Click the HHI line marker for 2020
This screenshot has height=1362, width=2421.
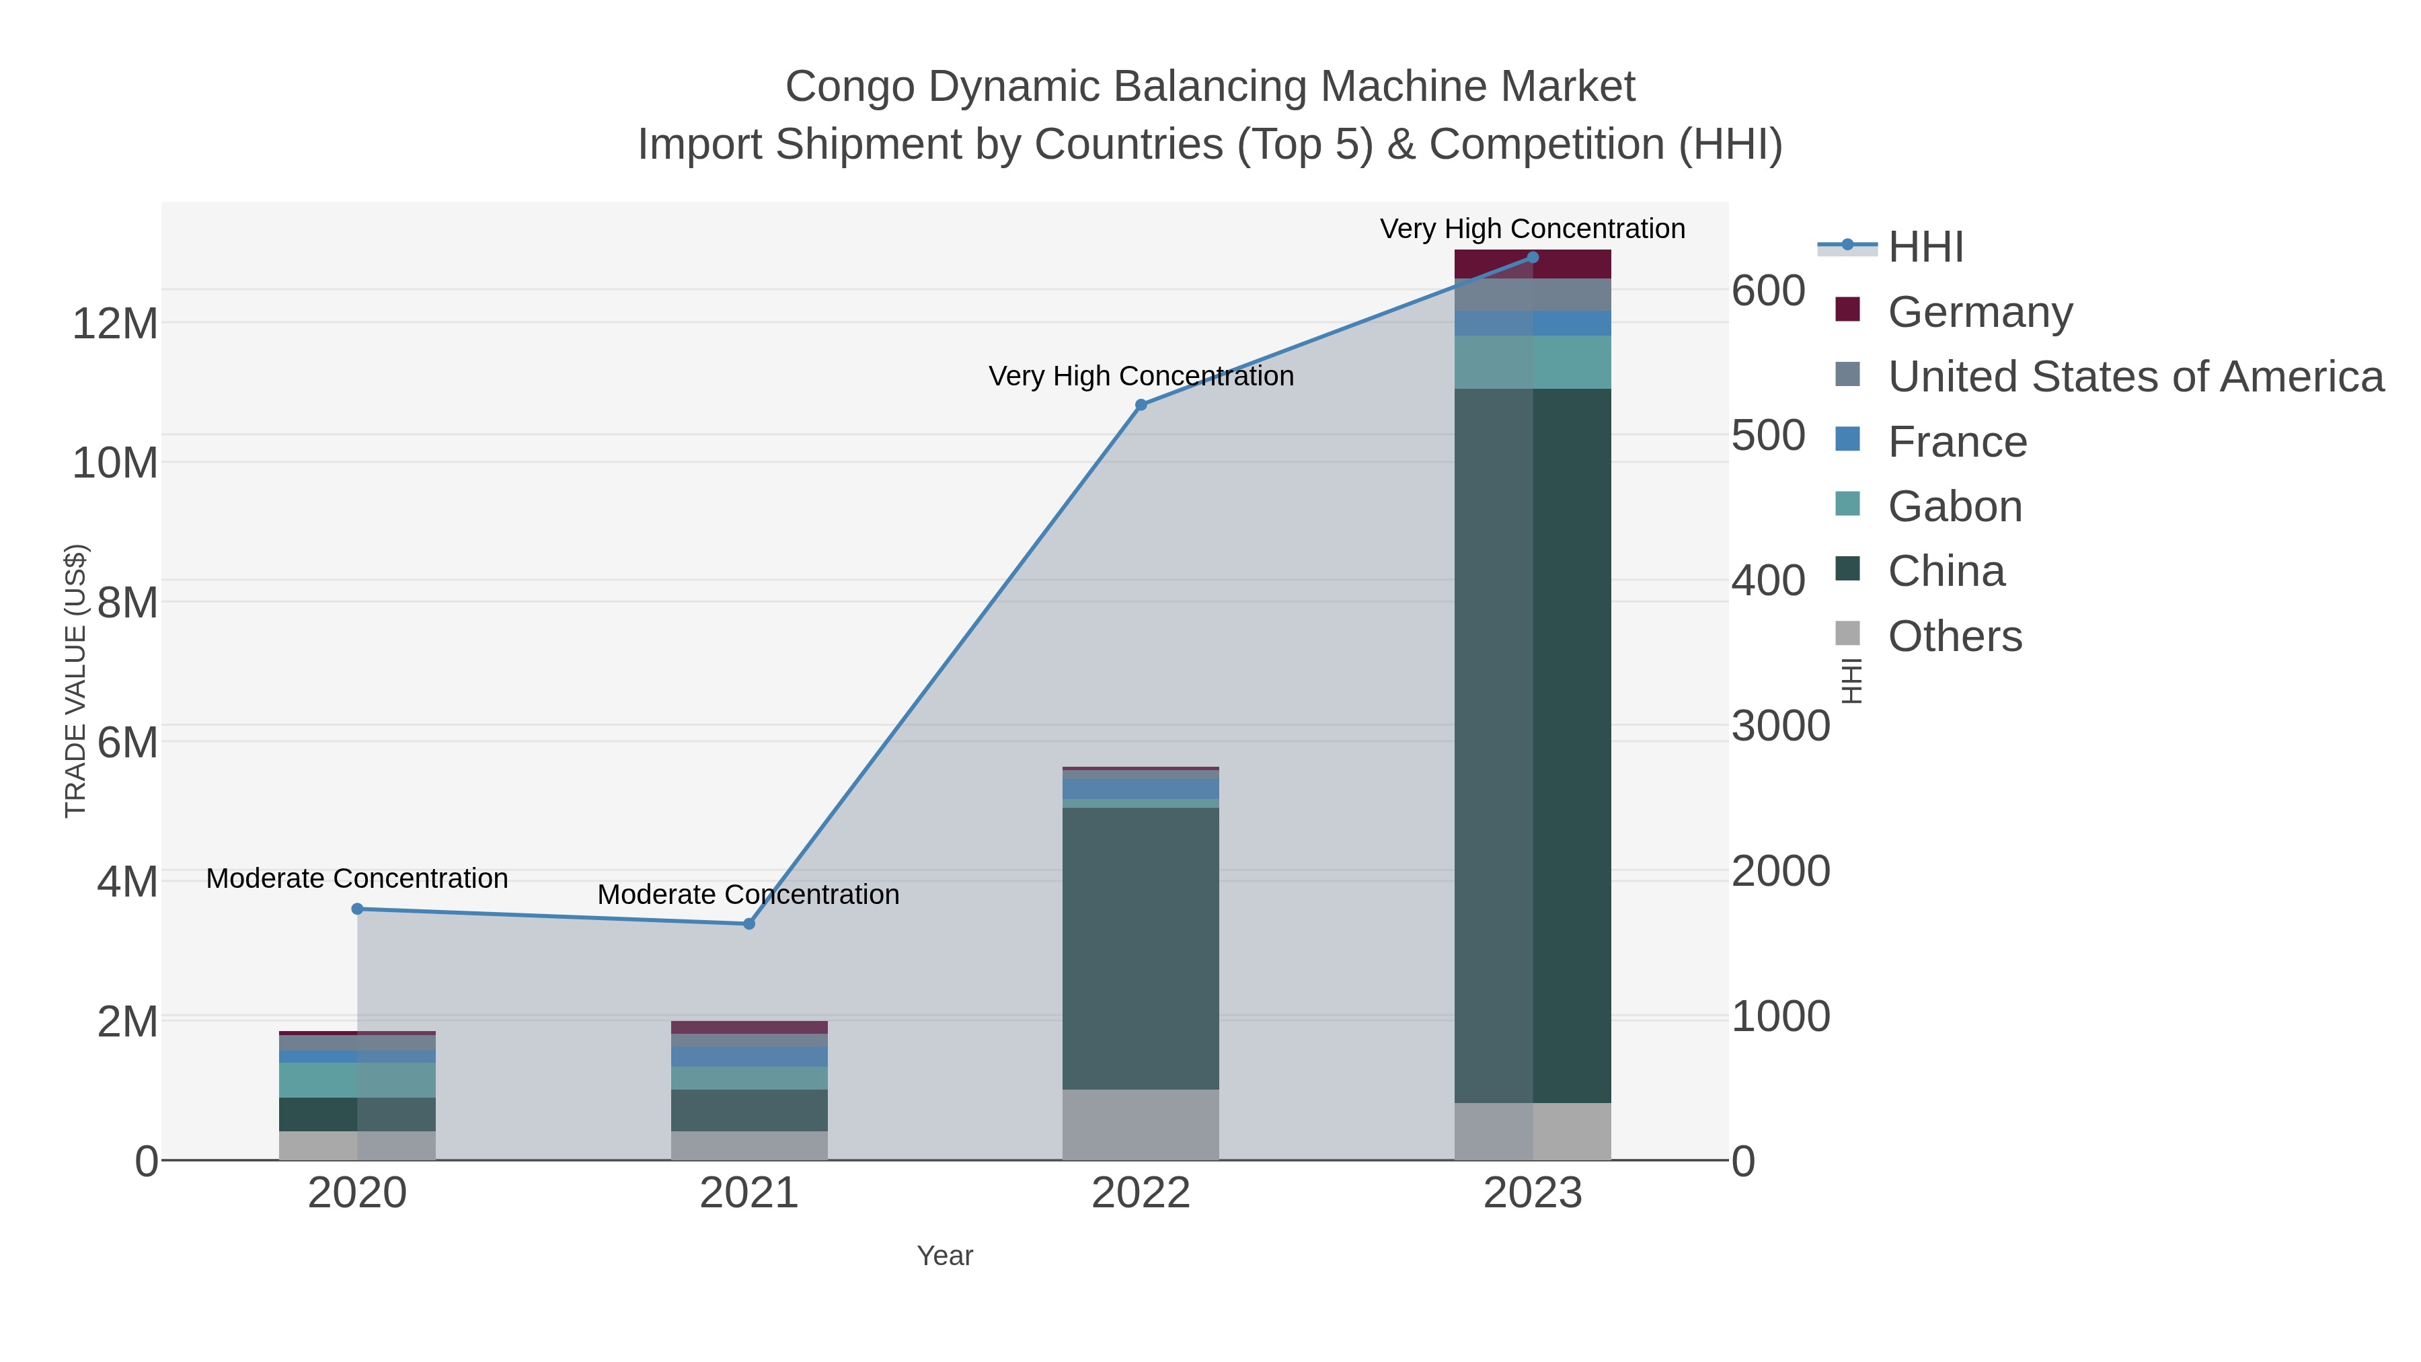(357, 909)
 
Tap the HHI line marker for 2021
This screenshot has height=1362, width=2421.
(749, 924)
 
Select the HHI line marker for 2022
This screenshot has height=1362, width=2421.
(1141, 405)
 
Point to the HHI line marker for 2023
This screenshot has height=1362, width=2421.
(1533, 258)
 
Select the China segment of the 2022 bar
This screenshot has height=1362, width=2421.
(1141, 948)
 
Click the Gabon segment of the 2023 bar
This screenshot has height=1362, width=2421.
(1533, 362)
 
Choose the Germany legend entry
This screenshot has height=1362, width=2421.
(1979, 311)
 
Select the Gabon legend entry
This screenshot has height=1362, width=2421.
(1955, 506)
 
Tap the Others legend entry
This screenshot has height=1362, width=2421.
(1955, 636)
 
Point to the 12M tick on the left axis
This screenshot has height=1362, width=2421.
(114, 324)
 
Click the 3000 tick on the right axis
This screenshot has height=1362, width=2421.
(1780, 726)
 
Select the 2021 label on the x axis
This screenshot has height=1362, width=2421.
(749, 1193)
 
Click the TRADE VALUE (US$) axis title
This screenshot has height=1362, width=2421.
(75, 681)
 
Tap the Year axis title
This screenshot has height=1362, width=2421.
(945, 1255)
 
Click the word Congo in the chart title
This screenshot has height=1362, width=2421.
(849, 87)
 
